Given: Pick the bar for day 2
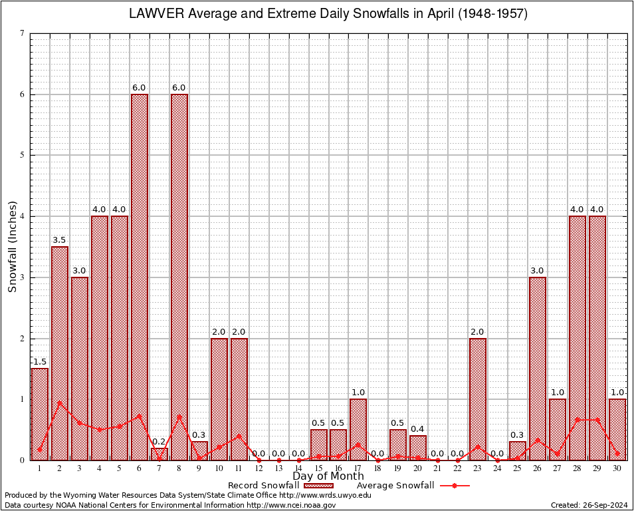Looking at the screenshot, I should point(60,353).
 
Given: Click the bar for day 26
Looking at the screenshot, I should point(538,368).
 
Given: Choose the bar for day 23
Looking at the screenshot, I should point(478,399).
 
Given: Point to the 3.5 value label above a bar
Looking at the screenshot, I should point(60,240).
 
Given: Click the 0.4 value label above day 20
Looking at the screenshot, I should point(418,428).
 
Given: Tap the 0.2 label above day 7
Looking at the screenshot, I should point(159,441).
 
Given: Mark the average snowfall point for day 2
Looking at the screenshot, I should point(60,402).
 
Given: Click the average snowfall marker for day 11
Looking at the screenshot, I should point(239,436).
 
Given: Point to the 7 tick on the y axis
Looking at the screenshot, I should point(23,33).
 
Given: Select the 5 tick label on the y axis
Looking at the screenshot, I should point(23,155).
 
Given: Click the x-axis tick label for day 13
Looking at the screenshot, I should point(278,468).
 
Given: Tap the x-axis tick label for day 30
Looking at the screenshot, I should point(617,468).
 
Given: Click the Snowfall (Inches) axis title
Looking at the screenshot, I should point(12,246).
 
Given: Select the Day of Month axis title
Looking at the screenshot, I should point(328,476).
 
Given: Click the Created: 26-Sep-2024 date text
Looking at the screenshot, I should point(589,505).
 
